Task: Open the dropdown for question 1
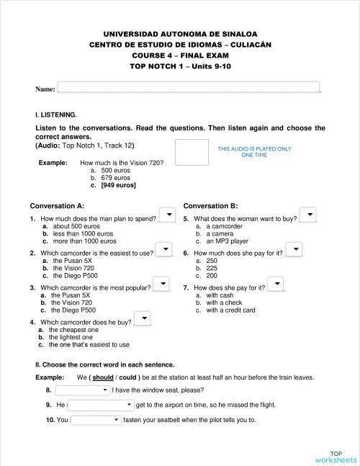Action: tap(166, 216)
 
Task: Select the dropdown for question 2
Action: tap(163, 250)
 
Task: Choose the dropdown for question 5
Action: tap(307, 216)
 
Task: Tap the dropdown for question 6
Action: tap(294, 250)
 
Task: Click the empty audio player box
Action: tap(191, 152)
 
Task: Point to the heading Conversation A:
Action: tap(57, 205)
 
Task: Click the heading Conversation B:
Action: tap(210, 205)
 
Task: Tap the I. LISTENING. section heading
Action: tap(55, 115)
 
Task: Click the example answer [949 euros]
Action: tap(118, 185)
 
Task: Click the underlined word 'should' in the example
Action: tap(103, 377)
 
